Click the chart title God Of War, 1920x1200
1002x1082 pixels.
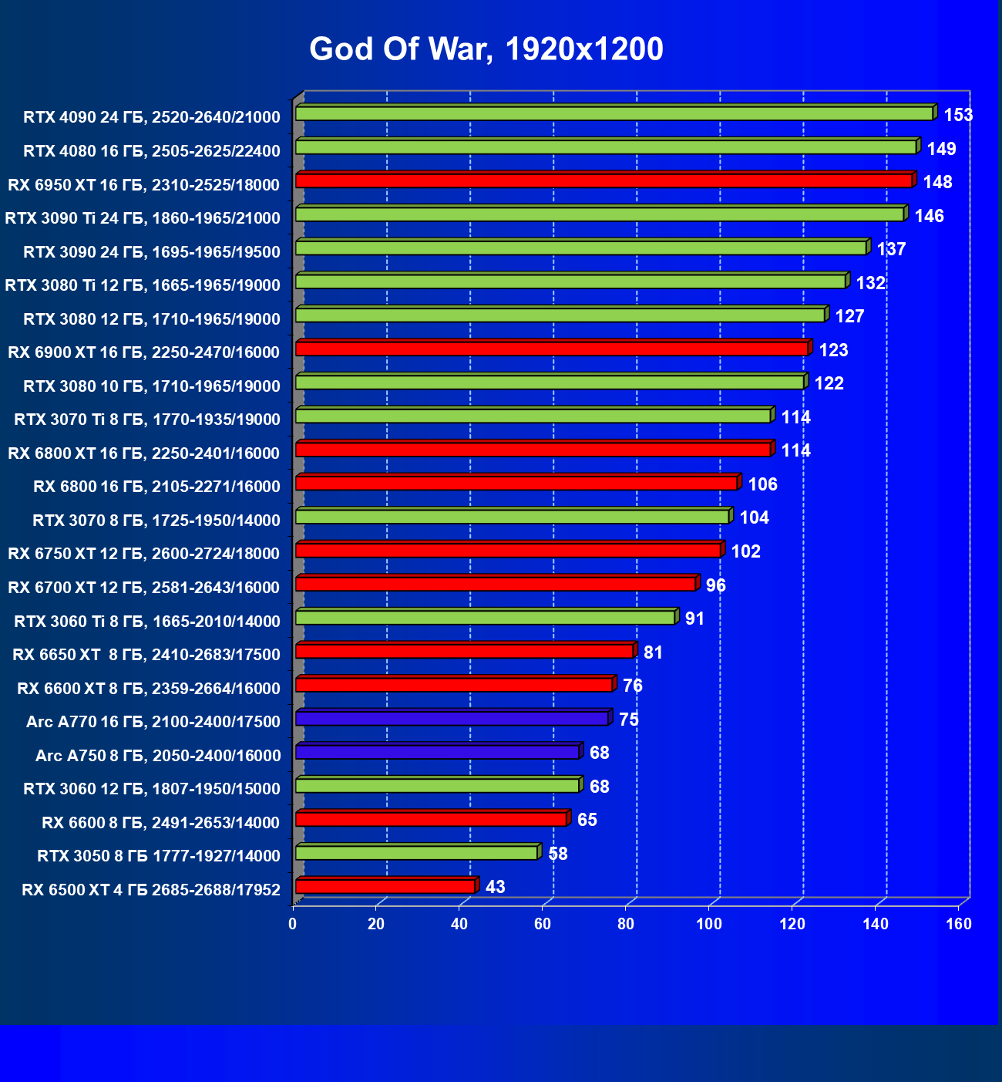486,49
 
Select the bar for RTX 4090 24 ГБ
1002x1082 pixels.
614,113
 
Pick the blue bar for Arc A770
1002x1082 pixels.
452,719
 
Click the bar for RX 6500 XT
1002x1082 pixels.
385,887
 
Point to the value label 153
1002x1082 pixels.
958,116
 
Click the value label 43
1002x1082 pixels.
496,887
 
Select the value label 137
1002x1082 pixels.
891,250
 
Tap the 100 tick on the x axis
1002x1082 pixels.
709,924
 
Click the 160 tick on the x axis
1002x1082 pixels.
959,924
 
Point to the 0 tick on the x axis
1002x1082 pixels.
293,924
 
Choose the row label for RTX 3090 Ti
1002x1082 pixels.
143,218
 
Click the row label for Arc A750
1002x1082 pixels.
158,756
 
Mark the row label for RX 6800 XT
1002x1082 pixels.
143,453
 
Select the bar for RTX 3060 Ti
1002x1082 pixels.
485,618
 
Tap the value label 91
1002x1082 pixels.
694,619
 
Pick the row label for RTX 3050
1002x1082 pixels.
159,856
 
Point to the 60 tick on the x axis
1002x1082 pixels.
543,924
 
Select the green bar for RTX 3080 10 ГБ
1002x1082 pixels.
550,382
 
